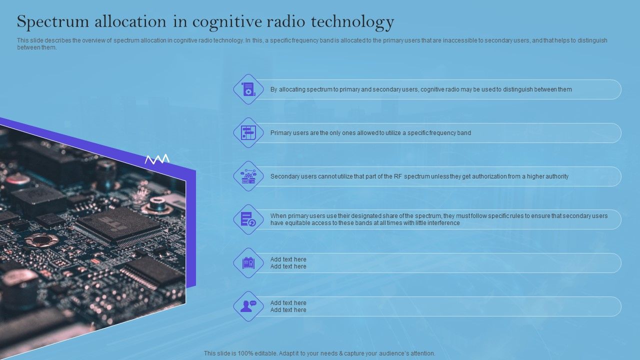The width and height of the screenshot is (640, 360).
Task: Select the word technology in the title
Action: tap(352, 22)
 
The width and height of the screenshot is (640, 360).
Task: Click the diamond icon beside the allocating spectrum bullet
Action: tap(248, 89)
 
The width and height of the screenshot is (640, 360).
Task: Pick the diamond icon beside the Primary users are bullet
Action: tap(248, 133)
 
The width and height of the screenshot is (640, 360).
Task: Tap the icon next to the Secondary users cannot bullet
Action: tap(248, 176)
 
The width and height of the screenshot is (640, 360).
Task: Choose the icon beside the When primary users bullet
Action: tap(248, 219)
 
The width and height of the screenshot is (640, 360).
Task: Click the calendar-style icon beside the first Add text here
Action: tap(248, 263)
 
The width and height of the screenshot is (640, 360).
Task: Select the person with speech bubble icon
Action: tap(248, 306)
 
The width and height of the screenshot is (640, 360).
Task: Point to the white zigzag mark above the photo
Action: tap(157, 159)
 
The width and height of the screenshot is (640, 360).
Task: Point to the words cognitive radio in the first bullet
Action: tap(440, 89)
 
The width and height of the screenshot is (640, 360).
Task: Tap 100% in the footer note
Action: tap(246, 353)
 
